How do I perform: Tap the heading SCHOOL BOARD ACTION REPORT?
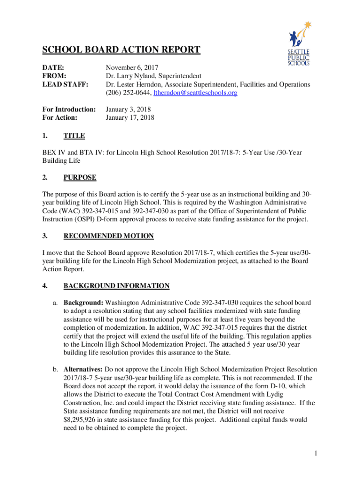pos(122,50)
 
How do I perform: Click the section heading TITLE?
pos(74,136)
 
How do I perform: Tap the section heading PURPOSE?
pos(80,178)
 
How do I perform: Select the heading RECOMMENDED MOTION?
pos(108,236)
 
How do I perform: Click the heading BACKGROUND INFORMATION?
pos(116,286)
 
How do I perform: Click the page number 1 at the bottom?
pos(316,453)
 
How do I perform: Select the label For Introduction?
pos(69,109)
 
